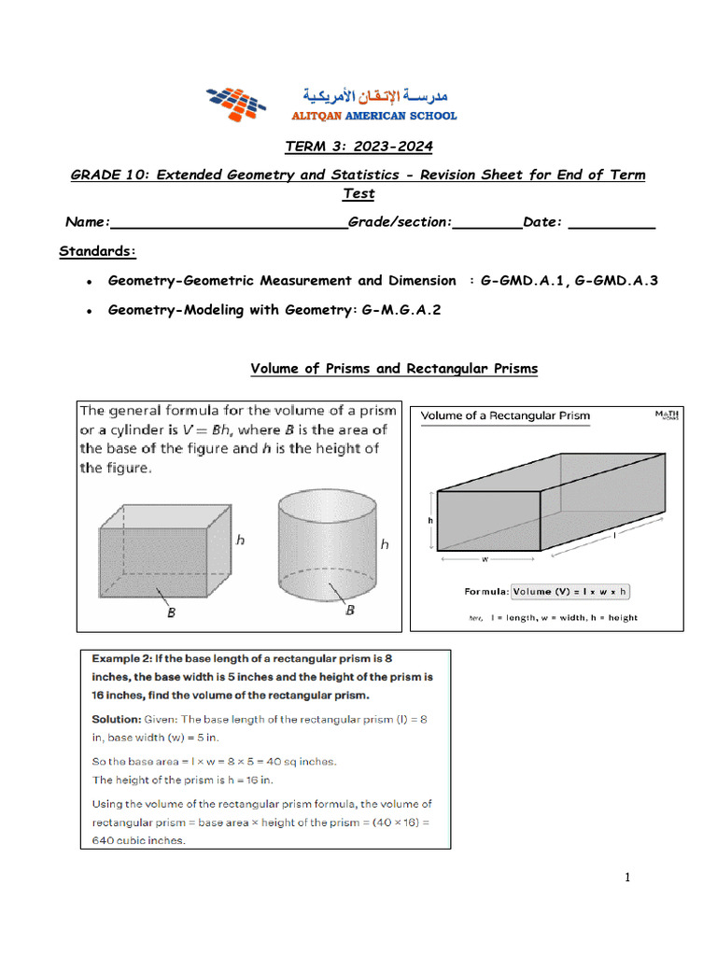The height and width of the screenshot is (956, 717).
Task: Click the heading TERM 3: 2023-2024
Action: point(358,147)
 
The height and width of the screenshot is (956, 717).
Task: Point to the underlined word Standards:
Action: point(98,251)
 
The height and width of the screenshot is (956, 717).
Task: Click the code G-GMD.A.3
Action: point(618,280)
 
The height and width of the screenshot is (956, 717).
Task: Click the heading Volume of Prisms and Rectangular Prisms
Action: point(394,369)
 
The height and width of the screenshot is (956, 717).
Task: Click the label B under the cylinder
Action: point(350,611)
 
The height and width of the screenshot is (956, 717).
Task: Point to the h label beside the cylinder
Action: point(384,543)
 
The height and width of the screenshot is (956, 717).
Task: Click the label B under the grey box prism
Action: point(172,613)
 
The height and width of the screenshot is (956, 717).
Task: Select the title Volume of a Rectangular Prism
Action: point(505,415)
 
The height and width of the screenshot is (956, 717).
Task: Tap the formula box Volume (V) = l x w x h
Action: point(570,591)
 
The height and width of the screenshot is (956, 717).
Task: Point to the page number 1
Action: point(628,878)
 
